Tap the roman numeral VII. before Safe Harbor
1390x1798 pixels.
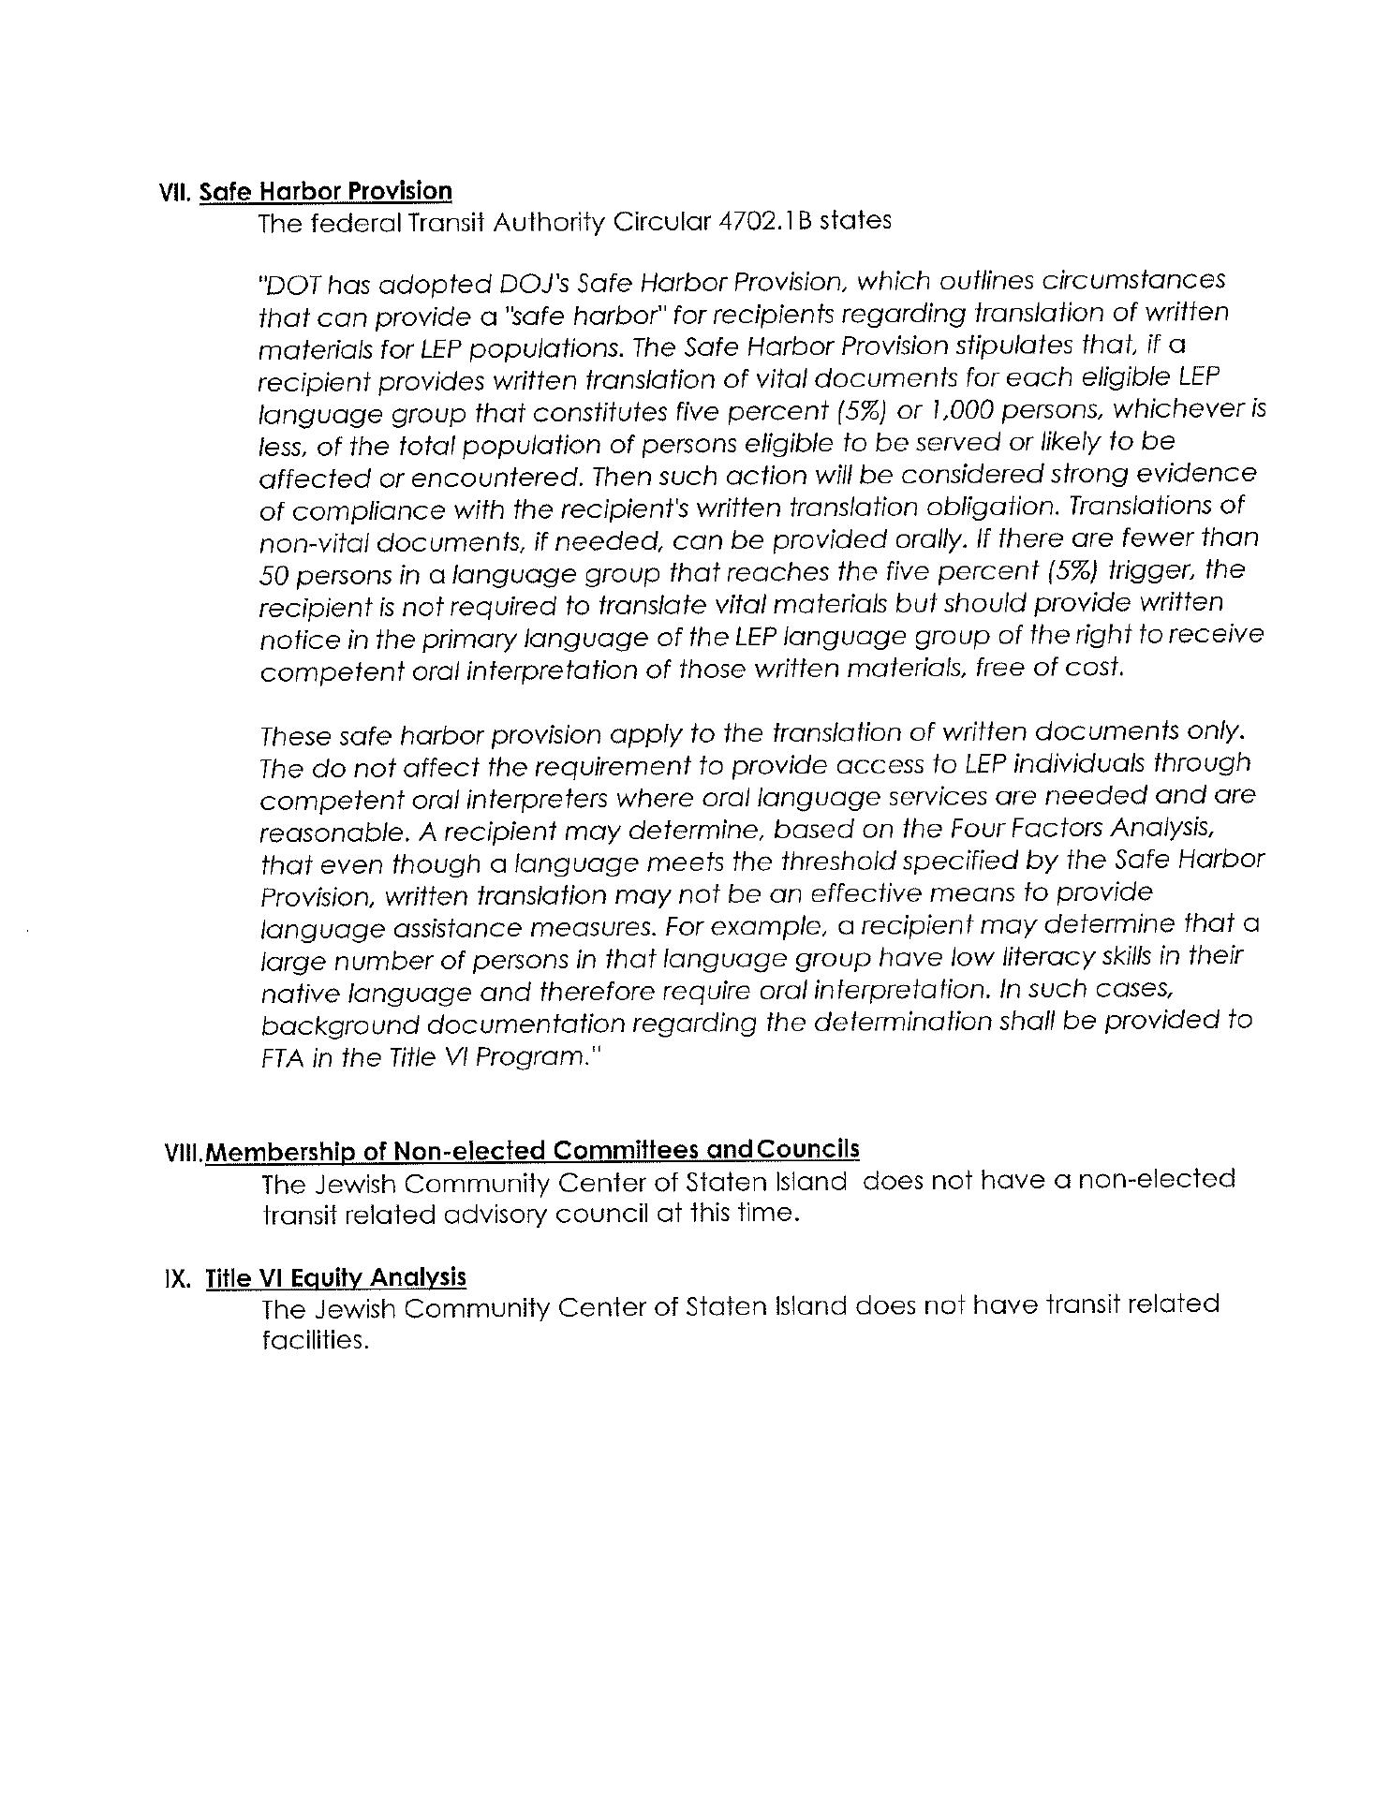(175, 193)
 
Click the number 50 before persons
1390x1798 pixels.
(276, 573)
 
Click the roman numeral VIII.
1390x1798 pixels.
(185, 1153)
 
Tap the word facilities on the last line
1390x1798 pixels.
(311, 1340)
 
